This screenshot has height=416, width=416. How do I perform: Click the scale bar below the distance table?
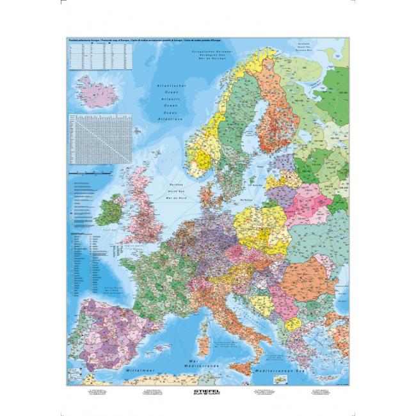tap(96, 173)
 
